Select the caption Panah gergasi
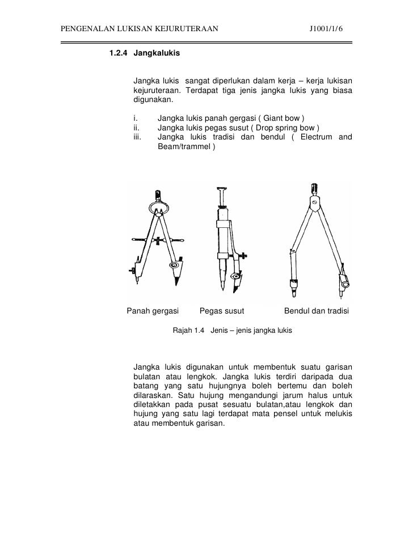pos(153,311)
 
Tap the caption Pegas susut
pos(222,311)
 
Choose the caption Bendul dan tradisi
pos(317,311)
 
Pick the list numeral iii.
pos(137,137)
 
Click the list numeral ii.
pos(136,128)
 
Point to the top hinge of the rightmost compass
pos(314,201)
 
